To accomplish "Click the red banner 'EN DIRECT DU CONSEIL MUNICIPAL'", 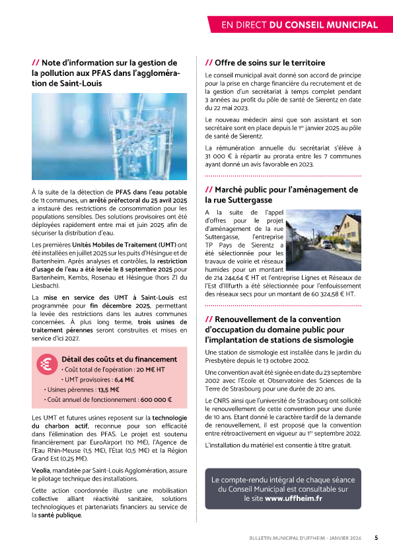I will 299,25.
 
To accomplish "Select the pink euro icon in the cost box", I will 47,365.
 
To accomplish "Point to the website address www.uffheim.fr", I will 293,498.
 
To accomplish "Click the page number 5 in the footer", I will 376,537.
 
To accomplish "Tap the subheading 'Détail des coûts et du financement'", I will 119,359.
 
